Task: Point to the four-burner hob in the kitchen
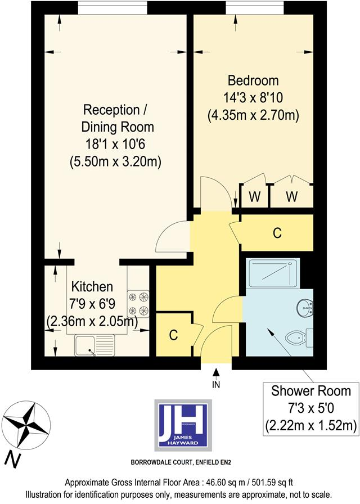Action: click(x=138, y=303)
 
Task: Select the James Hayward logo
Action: click(x=183, y=426)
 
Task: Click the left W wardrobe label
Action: click(x=254, y=197)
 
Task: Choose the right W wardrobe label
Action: click(x=291, y=197)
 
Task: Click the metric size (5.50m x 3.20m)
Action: click(x=116, y=162)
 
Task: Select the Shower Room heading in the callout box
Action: click(x=311, y=390)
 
